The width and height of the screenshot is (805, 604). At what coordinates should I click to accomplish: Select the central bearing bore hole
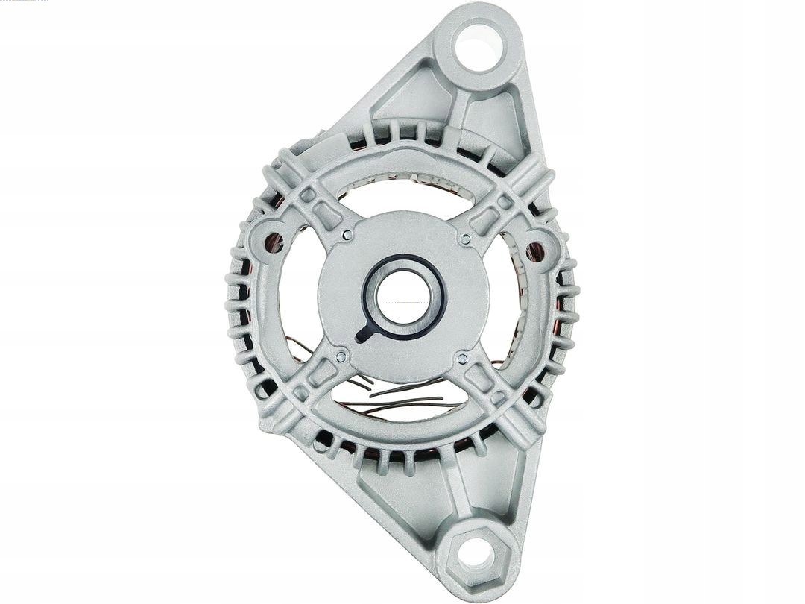coord(402,296)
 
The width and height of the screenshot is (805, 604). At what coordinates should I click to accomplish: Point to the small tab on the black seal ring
coord(363,336)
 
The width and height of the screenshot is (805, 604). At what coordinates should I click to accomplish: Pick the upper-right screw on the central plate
coord(465,239)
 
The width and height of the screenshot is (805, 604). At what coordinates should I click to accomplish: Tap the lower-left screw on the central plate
coord(340,357)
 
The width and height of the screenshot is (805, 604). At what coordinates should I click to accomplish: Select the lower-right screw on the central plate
coord(462,359)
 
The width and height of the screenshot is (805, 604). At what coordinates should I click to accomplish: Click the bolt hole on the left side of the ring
coord(274,242)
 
